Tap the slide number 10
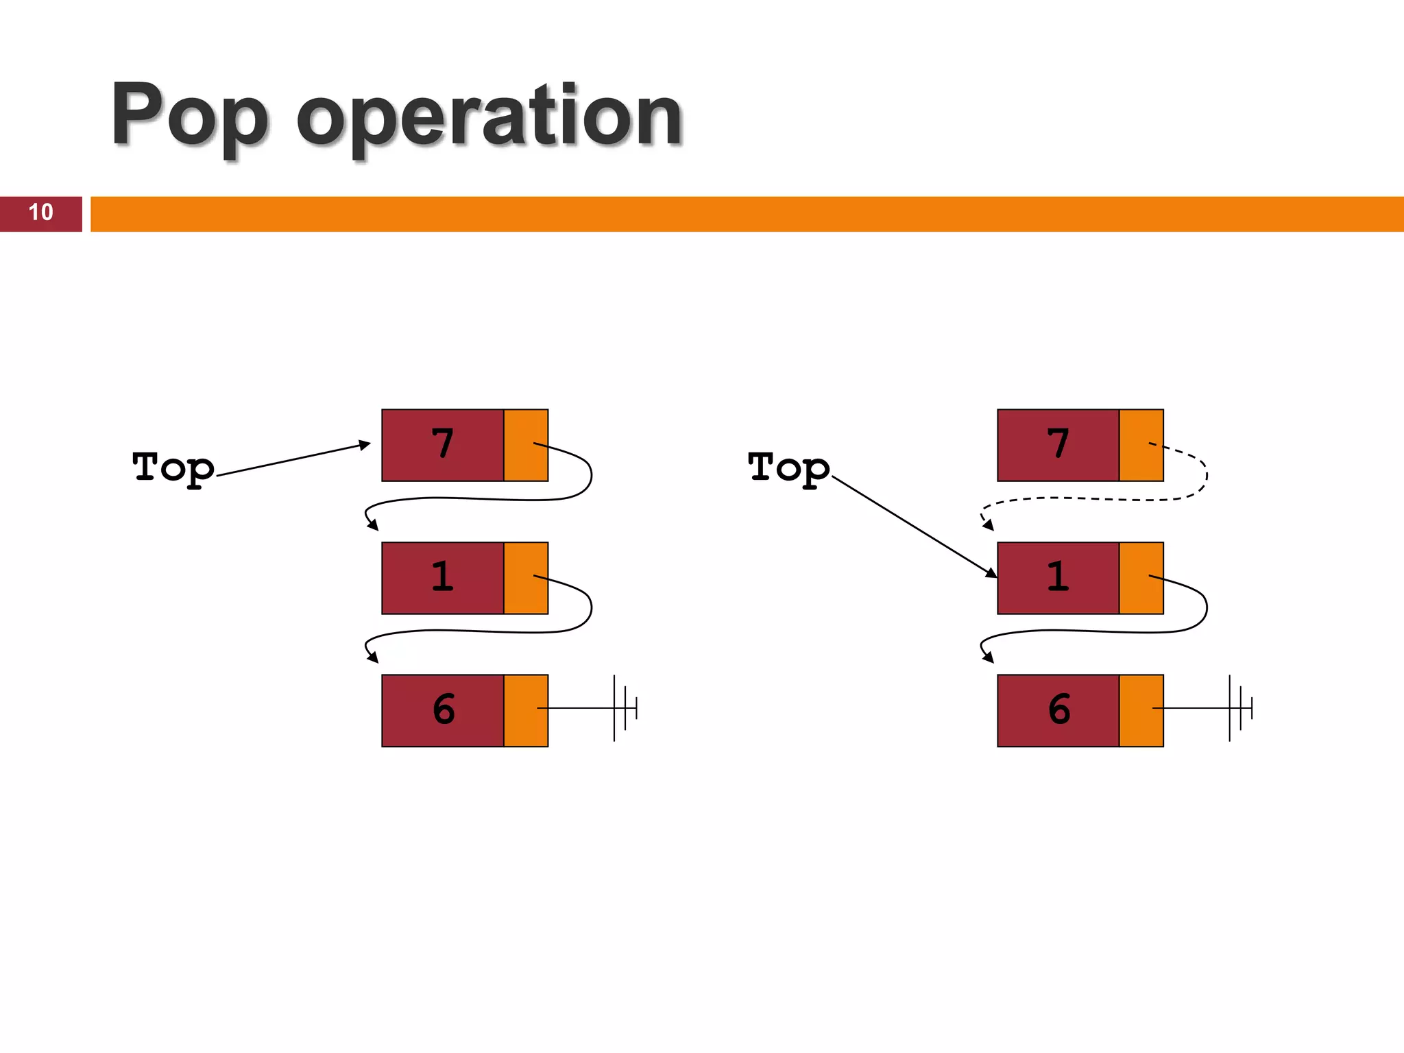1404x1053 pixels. [x=40, y=213]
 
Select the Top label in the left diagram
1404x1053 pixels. [x=173, y=468]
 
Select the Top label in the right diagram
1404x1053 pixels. [x=789, y=468]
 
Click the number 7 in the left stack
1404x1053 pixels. [x=443, y=444]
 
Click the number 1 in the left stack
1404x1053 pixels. [x=443, y=577]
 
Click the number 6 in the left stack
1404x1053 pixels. [x=444, y=710]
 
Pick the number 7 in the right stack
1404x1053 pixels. [x=1058, y=444]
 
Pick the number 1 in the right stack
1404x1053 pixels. [x=1058, y=577]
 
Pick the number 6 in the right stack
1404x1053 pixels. [x=1059, y=710]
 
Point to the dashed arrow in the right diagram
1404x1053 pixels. [x=1097, y=499]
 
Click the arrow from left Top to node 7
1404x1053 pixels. [x=293, y=459]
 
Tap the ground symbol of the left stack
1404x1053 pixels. [x=624, y=708]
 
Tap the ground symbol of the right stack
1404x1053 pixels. [x=1239, y=708]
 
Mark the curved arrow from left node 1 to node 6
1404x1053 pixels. [x=480, y=631]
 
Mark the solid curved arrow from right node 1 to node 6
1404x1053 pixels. [x=1097, y=631]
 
